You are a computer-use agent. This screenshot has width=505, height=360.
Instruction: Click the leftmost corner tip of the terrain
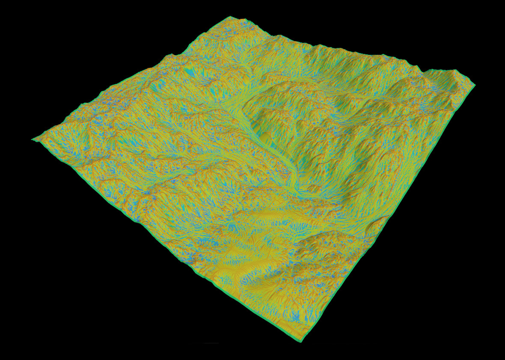pos(33,139)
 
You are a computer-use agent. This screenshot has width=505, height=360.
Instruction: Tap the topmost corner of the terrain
pos(230,17)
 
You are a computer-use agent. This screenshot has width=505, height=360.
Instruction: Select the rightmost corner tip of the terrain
pos(475,85)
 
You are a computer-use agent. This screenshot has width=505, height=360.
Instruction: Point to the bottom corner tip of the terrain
pos(300,341)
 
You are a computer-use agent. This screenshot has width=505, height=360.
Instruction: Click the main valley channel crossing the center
pos(274,150)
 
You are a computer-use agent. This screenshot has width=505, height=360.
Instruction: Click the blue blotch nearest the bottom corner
pos(295,317)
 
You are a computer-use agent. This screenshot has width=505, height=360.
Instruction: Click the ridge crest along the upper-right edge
pos(364,54)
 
